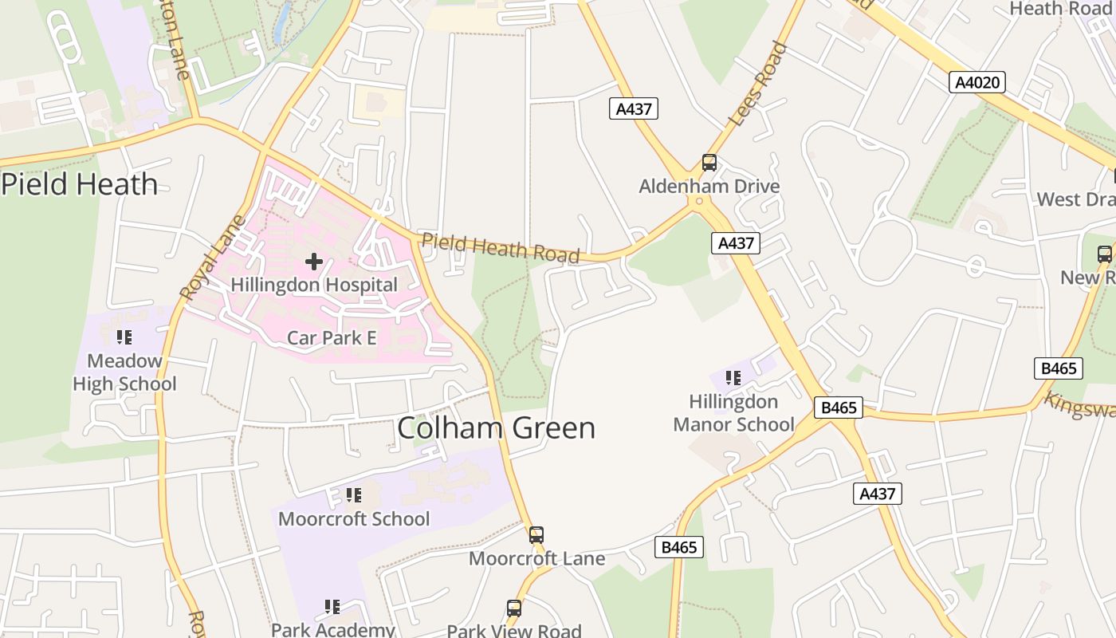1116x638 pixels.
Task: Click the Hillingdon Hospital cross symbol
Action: coord(314,261)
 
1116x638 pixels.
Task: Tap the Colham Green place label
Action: coord(496,428)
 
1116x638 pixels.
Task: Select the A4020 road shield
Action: coord(977,82)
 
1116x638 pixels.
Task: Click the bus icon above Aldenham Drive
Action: coord(709,163)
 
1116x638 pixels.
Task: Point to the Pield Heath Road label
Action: coord(500,247)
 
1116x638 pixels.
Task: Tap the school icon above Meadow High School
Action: coord(124,337)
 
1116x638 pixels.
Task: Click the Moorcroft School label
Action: coord(354,519)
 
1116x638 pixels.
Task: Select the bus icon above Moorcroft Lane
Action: coord(536,534)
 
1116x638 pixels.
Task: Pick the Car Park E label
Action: coord(332,338)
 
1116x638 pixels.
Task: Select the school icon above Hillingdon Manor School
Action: coord(733,378)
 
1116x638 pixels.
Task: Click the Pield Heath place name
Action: coord(80,184)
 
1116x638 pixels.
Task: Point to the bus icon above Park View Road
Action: coord(514,608)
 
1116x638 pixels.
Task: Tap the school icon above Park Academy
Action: coord(332,607)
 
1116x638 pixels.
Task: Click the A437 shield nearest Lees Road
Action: coord(635,108)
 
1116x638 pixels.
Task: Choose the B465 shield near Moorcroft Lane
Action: coord(679,547)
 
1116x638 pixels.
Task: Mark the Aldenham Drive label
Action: coord(709,187)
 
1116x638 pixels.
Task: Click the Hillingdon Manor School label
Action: coord(733,413)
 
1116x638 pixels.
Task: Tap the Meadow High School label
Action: coord(124,372)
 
